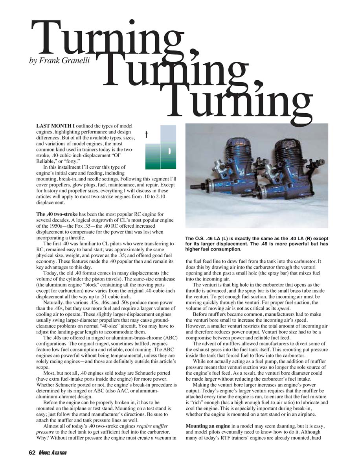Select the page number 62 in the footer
[32, 453]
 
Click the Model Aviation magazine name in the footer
[53, 453]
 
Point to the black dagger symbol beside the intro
[146, 134]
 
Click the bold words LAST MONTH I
[55, 125]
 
